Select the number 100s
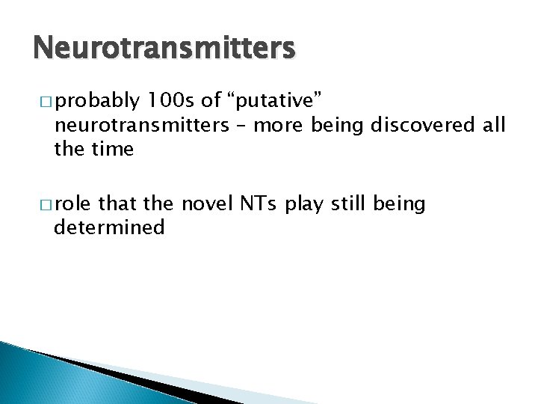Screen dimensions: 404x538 (172, 100)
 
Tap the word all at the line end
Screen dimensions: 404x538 (493, 124)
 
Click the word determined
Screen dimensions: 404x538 (109, 227)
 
